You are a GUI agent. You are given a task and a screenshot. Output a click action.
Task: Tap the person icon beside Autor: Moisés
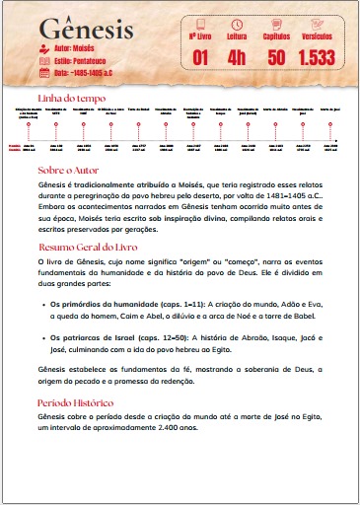click(43, 47)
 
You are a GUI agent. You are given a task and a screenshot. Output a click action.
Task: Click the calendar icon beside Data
click(43, 72)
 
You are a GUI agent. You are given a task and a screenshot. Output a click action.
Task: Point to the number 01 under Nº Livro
click(200, 58)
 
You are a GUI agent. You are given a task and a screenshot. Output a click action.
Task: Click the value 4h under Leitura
click(238, 58)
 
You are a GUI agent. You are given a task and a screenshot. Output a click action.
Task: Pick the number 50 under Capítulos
click(276, 58)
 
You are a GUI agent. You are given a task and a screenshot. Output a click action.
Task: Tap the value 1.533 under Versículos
click(318, 58)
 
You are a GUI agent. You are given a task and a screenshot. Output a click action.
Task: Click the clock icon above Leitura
click(238, 23)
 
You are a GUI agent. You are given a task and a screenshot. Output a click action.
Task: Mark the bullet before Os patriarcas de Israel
click(40, 338)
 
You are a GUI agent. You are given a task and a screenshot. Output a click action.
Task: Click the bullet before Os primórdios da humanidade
click(40, 306)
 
